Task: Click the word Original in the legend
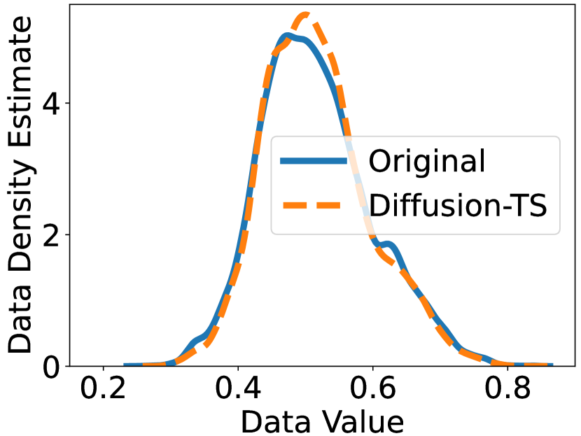427,162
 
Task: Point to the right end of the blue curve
551,365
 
